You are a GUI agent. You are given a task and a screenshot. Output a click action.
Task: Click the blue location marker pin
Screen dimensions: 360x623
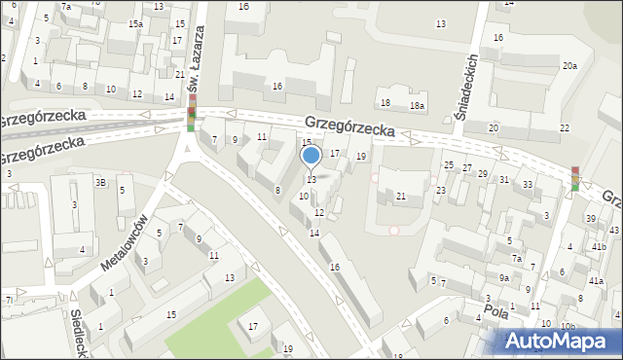[311, 156]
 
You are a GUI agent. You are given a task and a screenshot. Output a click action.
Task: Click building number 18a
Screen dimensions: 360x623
[417, 105]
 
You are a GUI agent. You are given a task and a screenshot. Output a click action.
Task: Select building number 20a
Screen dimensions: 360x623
[569, 66]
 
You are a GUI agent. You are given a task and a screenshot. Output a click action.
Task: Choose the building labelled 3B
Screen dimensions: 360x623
[99, 182]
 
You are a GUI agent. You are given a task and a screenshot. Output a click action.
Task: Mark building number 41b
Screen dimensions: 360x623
[598, 247]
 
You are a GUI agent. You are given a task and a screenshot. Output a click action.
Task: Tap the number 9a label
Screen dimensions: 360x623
[504, 277]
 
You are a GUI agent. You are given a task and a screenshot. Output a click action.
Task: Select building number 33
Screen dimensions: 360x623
[527, 185]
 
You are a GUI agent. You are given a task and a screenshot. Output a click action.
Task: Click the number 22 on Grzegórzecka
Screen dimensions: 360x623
[564, 128]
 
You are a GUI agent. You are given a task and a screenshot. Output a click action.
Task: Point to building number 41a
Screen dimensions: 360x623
[596, 281]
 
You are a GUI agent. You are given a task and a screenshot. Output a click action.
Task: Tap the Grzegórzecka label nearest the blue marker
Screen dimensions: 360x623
[348, 127]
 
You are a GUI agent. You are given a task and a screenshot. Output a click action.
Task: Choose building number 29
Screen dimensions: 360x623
[482, 173]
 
